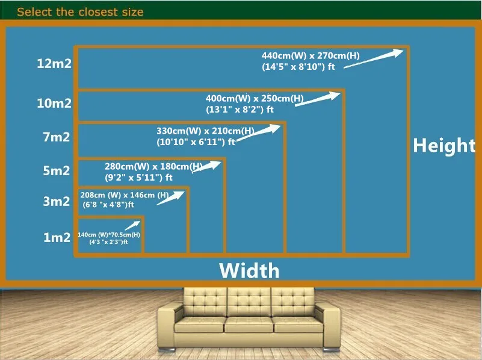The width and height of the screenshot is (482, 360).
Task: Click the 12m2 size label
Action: tap(54, 64)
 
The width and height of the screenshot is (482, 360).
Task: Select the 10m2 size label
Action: tap(54, 103)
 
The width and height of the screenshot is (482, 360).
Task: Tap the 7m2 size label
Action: tap(56, 137)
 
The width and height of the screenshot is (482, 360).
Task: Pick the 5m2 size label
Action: tap(56, 170)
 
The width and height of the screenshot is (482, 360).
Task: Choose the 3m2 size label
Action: tap(56, 201)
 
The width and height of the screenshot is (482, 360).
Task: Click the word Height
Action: tap(444, 145)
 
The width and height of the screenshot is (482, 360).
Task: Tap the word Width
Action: tap(249, 270)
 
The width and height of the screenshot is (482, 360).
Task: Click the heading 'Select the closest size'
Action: tap(80, 11)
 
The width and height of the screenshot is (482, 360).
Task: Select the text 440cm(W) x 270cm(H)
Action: tap(311, 57)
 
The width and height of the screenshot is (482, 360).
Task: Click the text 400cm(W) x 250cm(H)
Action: tap(255, 98)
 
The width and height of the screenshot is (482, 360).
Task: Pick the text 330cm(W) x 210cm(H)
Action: tap(205, 131)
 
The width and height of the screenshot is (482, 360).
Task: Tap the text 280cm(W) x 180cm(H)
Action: tap(153, 166)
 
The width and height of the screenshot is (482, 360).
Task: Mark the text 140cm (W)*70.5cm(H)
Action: tap(109, 235)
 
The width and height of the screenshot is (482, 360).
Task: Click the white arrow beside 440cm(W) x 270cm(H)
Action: tap(373, 59)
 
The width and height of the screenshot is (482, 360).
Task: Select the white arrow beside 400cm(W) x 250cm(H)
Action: tap(317, 99)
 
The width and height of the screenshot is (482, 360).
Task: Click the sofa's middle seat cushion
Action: tap(249, 325)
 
